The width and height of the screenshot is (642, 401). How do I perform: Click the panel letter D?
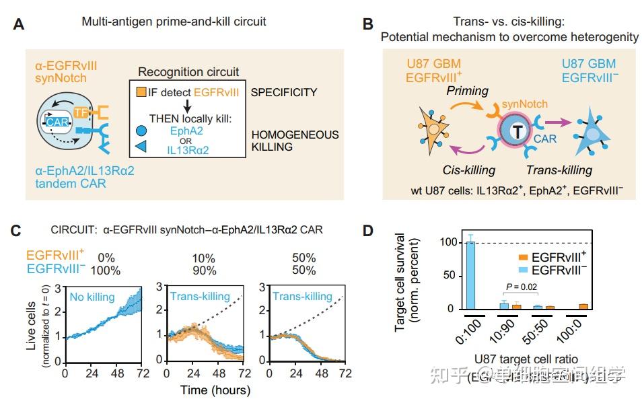tap(367, 231)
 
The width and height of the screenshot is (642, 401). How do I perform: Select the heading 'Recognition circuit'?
tap(188, 72)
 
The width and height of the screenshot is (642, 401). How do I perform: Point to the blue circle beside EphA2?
tap(140, 133)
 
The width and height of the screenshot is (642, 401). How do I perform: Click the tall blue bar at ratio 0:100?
tap(470, 275)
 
